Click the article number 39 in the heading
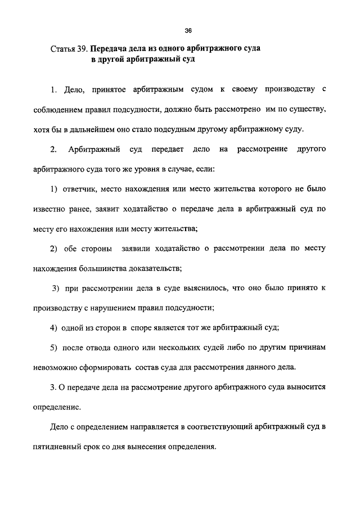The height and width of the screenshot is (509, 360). pyautogui.click(x=82, y=48)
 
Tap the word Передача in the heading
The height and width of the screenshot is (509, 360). pyautogui.click(x=110, y=48)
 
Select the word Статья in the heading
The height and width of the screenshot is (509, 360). pyautogui.click(x=62, y=48)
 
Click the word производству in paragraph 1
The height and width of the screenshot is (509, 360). pyautogui.click(x=287, y=89)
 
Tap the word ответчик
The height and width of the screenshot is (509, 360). pyautogui.click(x=81, y=188)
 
